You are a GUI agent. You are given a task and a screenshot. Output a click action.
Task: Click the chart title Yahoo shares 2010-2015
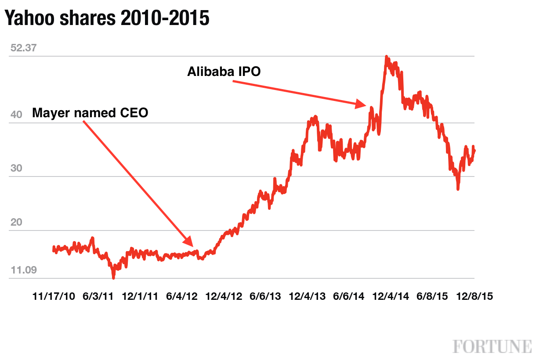pyautogui.click(x=107, y=18)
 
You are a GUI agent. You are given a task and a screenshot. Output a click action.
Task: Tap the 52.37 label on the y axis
pyautogui.click(x=23, y=48)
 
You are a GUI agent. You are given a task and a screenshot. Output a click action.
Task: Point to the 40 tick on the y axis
pyautogui.click(x=16, y=115)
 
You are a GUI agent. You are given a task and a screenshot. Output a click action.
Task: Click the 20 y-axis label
pyautogui.click(x=16, y=223)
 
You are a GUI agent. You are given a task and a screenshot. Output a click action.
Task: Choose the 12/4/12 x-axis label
pyautogui.click(x=224, y=296)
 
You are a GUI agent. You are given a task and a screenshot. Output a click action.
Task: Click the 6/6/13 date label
pyautogui.click(x=265, y=296)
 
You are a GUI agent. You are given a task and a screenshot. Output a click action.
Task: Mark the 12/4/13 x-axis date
pyautogui.click(x=308, y=296)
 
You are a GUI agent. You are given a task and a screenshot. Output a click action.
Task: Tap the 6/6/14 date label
pyautogui.click(x=349, y=296)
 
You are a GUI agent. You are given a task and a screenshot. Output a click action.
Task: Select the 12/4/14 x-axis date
pyautogui.click(x=391, y=296)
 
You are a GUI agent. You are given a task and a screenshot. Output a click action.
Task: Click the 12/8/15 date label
pyautogui.click(x=474, y=296)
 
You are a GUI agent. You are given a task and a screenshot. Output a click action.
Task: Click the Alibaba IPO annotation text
pyautogui.click(x=224, y=72)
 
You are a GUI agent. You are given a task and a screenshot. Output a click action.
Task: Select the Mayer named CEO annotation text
pyautogui.click(x=90, y=113)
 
